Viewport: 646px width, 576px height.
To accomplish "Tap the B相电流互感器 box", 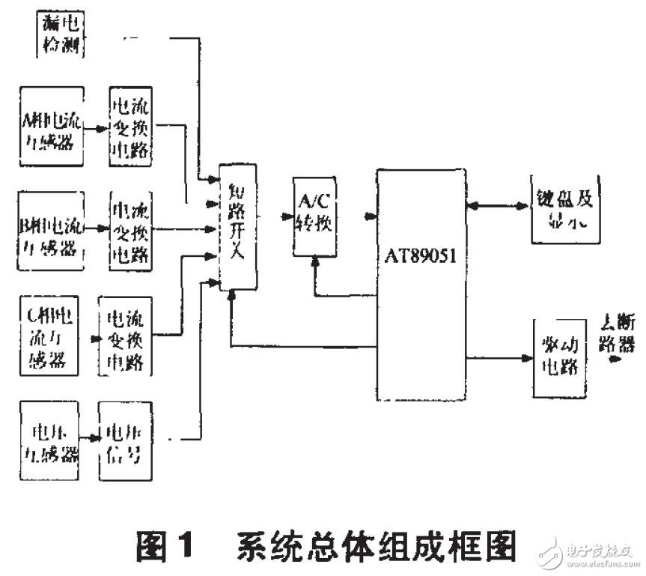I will [x=50, y=228].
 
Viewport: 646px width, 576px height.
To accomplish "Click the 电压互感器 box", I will [x=49, y=443].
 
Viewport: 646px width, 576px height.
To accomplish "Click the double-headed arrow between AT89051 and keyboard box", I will [x=499, y=204].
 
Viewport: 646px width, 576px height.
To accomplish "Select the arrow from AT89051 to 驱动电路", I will [x=499, y=358].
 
